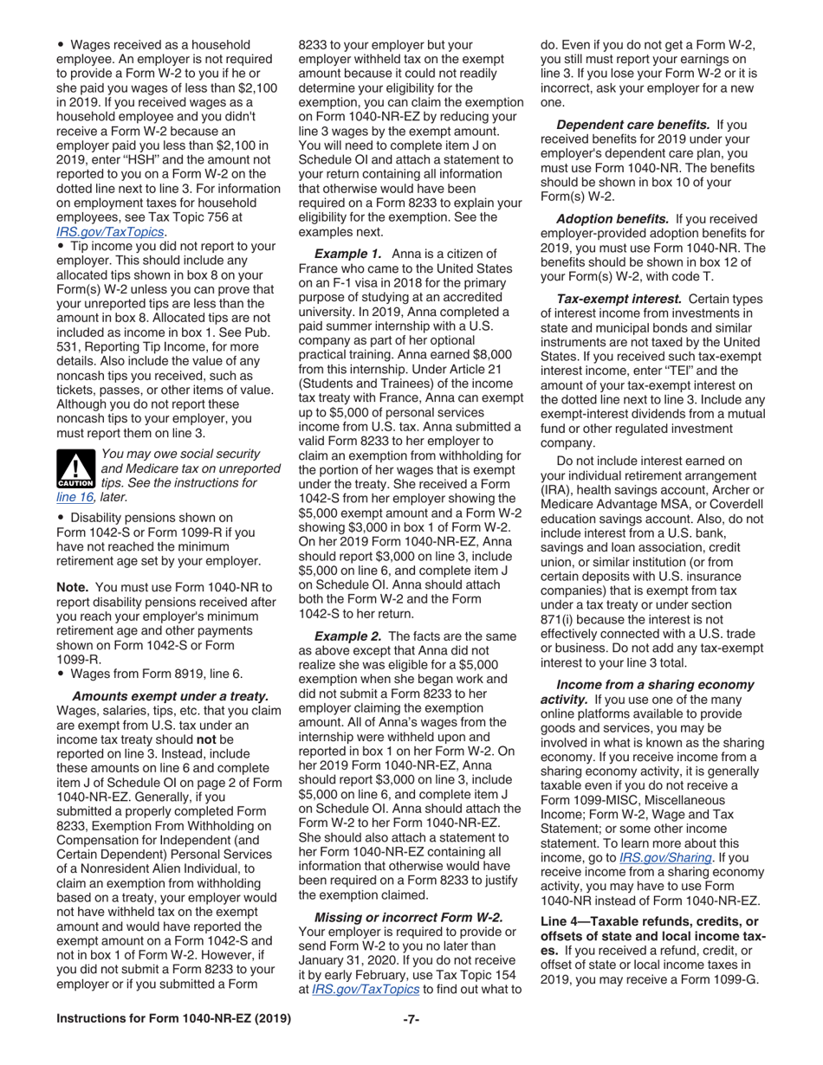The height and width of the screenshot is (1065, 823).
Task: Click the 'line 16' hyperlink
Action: coord(75,497)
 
